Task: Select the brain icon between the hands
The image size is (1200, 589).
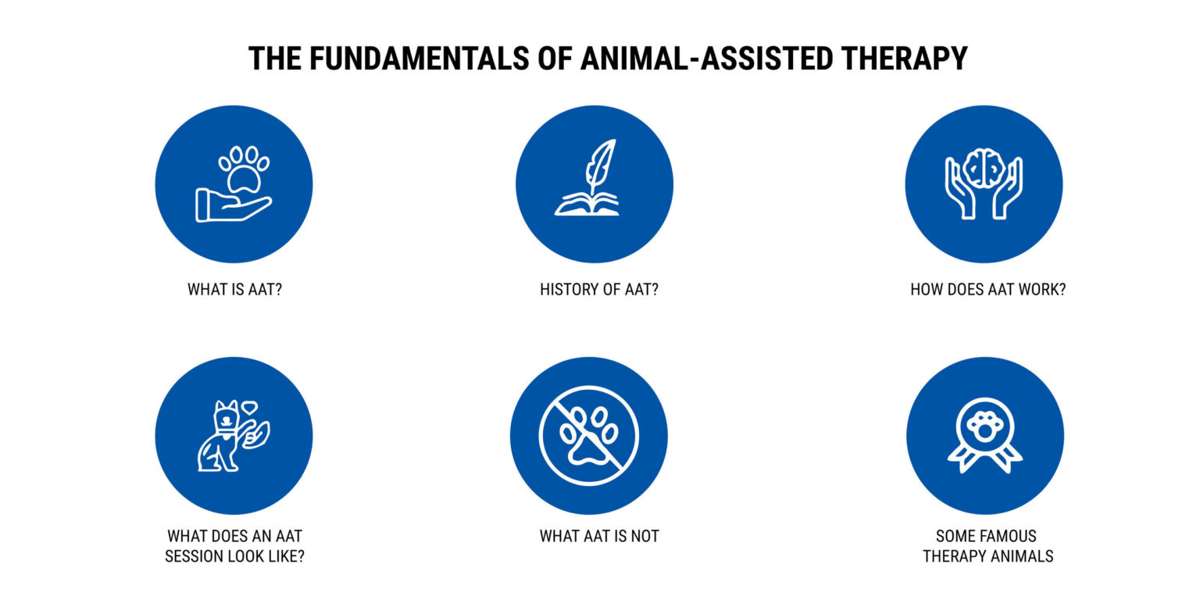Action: (984, 168)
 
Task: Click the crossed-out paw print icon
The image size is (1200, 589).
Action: (589, 435)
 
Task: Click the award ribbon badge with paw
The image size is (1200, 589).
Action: (984, 436)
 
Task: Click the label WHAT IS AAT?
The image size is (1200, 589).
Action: (234, 290)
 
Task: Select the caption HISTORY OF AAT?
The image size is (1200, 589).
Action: (599, 290)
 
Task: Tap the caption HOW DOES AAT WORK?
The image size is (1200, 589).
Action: (987, 290)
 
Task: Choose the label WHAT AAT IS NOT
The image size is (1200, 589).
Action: (599, 537)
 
